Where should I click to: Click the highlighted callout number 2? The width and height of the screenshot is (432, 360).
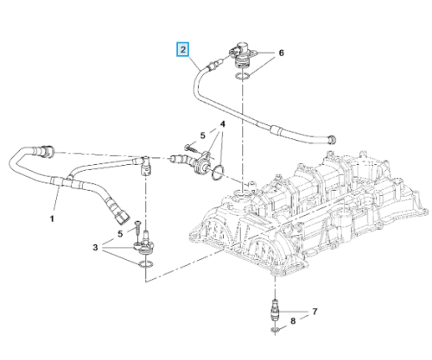pyautogui.click(x=183, y=49)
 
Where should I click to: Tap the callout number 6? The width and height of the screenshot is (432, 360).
pyautogui.click(x=281, y=53)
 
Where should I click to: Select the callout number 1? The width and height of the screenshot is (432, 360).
pyautogui.click(x=52, y=219)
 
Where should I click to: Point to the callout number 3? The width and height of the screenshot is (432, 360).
pyautogui.click(x=95, y=248)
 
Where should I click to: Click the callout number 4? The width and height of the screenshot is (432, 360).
pyautogui.click(x=222, y=124)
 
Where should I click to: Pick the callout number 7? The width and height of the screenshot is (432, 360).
pyautogui.click(x=314, y=312)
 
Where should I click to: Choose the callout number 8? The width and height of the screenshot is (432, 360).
pyautogui.click(x=293, y=321)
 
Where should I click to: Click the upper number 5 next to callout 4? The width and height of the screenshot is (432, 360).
pyautogui.click(x=203, y=136)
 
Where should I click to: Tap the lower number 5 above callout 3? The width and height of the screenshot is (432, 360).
pyautogui.click(x=120, y=234)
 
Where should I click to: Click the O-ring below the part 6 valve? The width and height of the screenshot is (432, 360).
pyautogui.click(x=242, y=76)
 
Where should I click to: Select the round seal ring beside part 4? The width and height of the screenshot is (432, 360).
pyautogui.click(x=218, y=173)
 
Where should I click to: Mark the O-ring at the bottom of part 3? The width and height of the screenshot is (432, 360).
pyautogui.click(x=146, y=264)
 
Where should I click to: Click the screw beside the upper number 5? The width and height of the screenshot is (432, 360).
pyautogui.click(x=191, y=148)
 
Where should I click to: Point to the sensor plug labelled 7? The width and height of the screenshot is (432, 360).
pyautogui.click(x=276, y=312)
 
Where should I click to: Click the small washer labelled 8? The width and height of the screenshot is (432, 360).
pyautogui.click(x=275, y=330)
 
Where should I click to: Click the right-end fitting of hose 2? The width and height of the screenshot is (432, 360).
pyautogui.click(x=333, y=140)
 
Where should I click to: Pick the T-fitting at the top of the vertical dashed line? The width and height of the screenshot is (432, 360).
pyautogui.click(x=146, y=166)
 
